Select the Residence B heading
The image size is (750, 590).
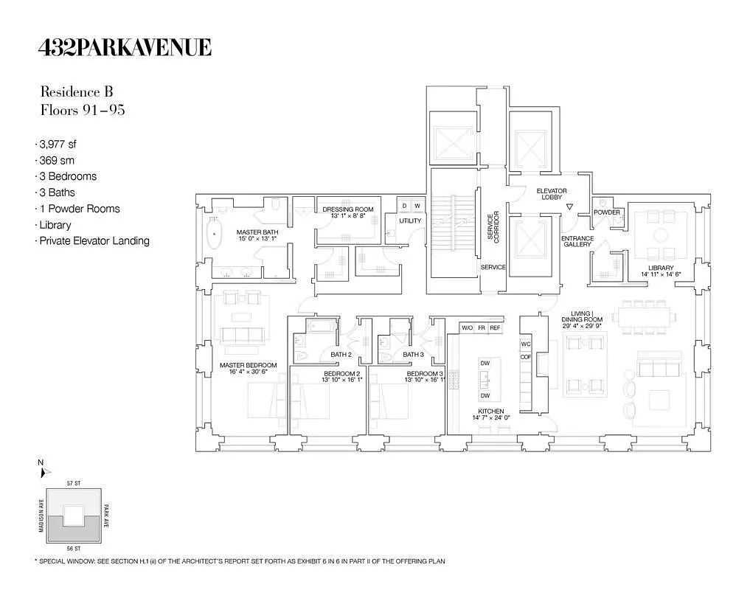click(x=77, y=92)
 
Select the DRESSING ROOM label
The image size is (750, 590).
click(x=348, y=209)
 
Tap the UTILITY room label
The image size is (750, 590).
click(x=410, y=221)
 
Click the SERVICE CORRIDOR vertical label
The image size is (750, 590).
click(x=493, y=228)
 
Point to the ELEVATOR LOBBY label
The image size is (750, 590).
click(x=551, y=195)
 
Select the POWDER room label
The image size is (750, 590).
click(x=607, y=212)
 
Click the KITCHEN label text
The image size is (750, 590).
click(x=490, y=412)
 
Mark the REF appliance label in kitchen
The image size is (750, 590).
click(x=495, y=327)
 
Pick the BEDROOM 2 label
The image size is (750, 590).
click(x=341, y=374)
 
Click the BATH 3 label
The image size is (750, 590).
click(x=412, y=355)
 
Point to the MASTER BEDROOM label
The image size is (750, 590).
click(x=249, y=365)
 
